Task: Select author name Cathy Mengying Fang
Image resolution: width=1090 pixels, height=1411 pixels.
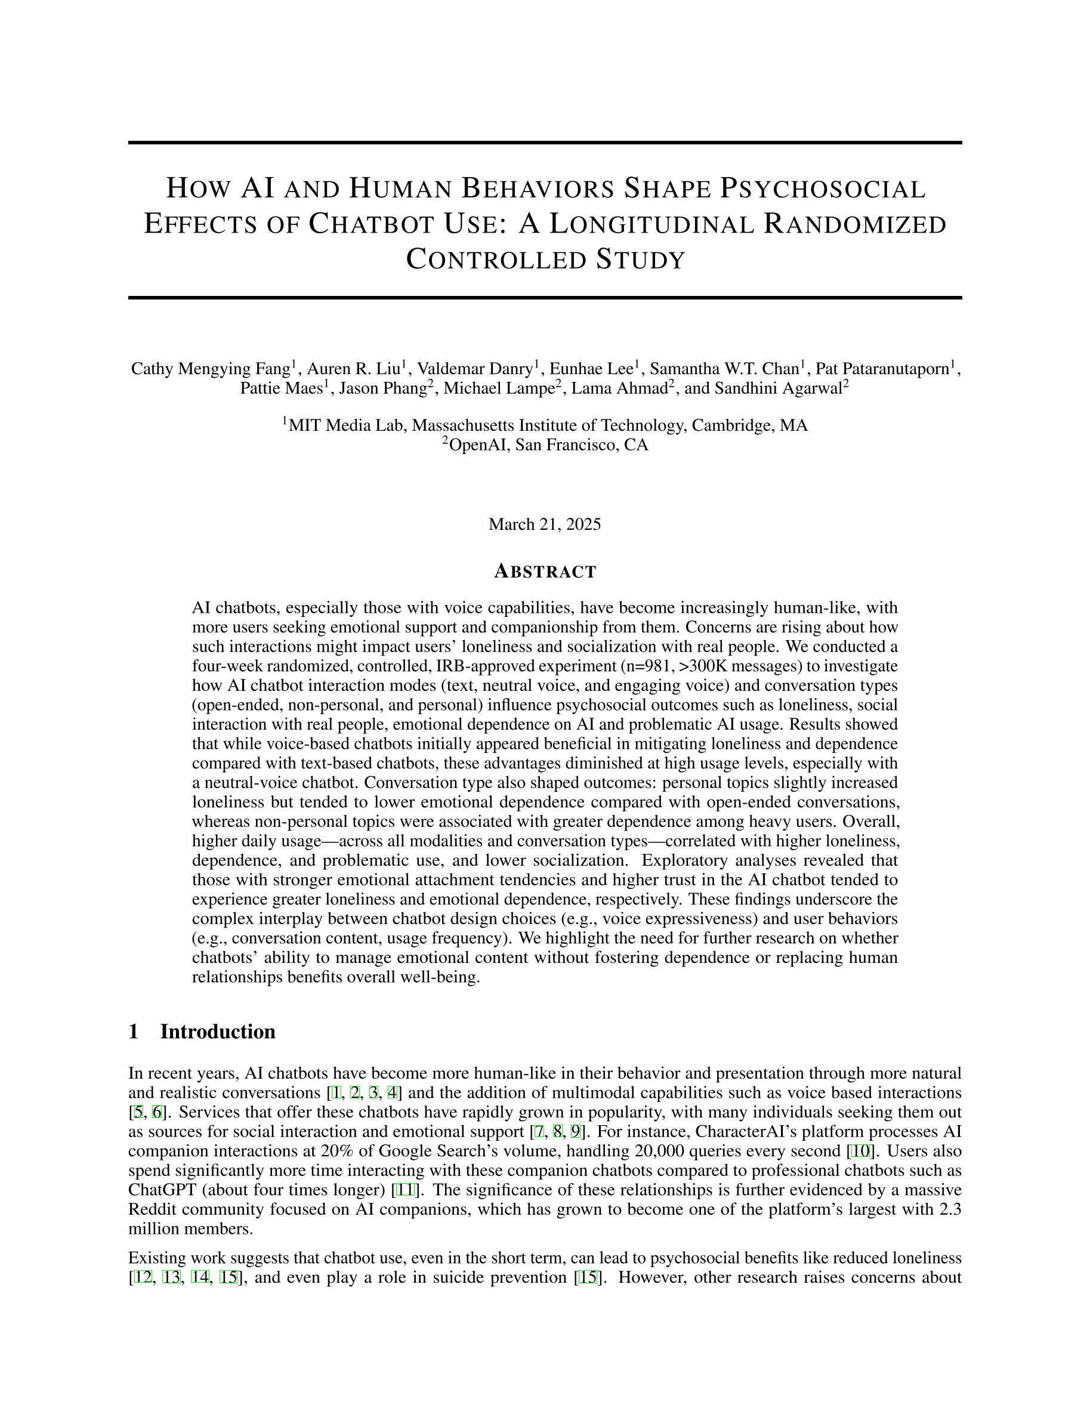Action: pyautogui.click(x=210, y=369)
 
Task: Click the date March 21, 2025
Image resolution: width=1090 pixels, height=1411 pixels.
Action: pyautogui.click(x=545, y=524)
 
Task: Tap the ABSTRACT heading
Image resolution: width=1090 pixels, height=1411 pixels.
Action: pyautogui.click(x=545, y=572)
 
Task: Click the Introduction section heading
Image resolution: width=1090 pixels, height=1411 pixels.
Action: pyautogui.click(x=217, y=1032)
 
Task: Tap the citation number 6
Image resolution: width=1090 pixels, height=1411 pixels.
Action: pyautogui.click(x=157, y=1113)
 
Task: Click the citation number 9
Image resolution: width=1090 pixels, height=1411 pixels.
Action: pyautogui.click(x=576, y=1132)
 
